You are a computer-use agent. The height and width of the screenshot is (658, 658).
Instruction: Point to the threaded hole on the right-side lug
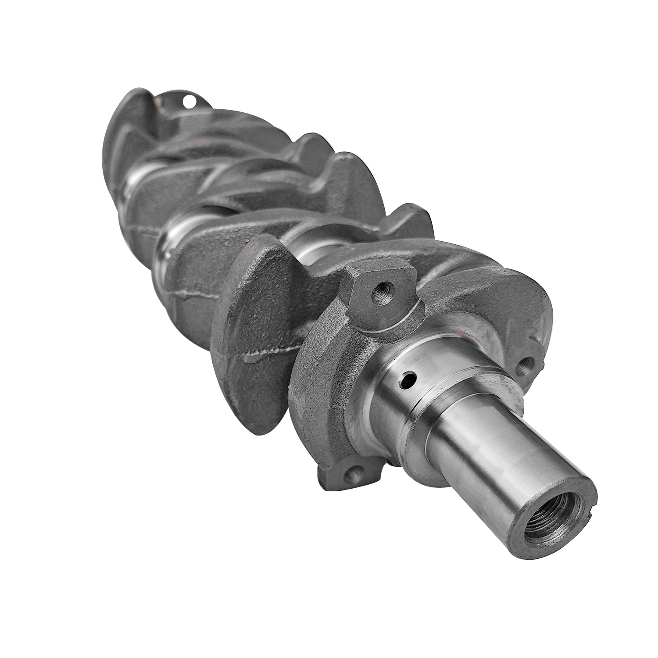524,366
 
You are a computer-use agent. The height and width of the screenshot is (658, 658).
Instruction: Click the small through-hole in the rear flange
190,102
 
